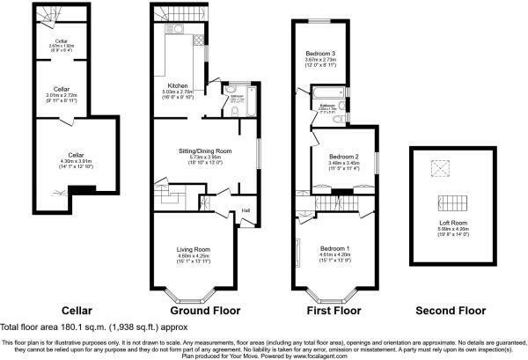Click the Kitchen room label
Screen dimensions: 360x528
click(x=191, y=86)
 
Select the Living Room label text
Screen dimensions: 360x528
click(x=194, y=249)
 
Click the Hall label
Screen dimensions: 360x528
click(x=246, y=209)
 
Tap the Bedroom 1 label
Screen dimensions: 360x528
click(x=335, y=247)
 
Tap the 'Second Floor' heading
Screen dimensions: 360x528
click(x=449, y=311)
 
